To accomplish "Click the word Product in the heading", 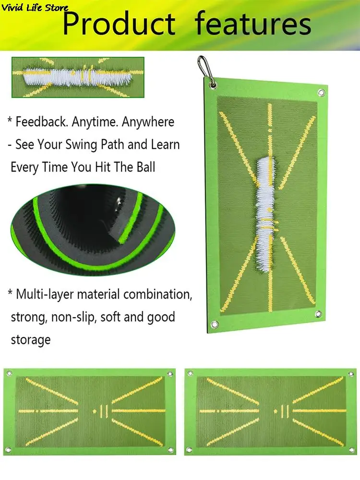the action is click(x=119, y=24).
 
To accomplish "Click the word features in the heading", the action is click(x=253, y=24).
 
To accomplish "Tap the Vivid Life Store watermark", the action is click(x=35, y=8).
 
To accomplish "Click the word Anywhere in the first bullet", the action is click(x=148, y=122).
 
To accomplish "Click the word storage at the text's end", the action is click(x=30, y=340).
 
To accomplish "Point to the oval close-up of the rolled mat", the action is click(x=89, y=231).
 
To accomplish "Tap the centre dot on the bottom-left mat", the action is click(x=94, y=411).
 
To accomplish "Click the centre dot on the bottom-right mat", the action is click(x=275, y=411).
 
